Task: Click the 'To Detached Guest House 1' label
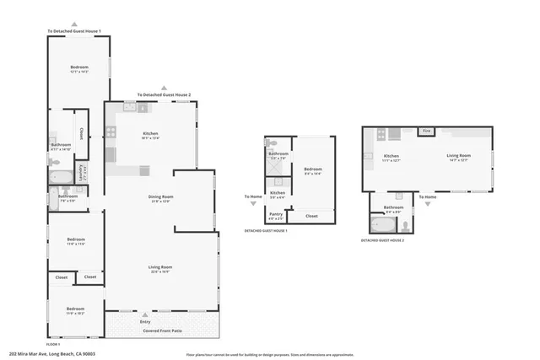coord(74,31)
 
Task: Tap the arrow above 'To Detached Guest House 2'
coord(165,88)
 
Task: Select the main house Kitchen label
coord(151,135)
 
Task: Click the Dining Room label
coord(160,198)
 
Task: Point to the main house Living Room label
coord(160,269)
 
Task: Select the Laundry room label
coord(81,172)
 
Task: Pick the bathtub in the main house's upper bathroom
coord(60,178)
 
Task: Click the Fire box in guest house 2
coord(427,132)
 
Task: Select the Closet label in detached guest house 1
coord(311,216)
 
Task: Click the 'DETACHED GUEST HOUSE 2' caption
coord(382,240)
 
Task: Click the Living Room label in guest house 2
coord(458,156)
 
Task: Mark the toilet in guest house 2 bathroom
coord(406,225)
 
